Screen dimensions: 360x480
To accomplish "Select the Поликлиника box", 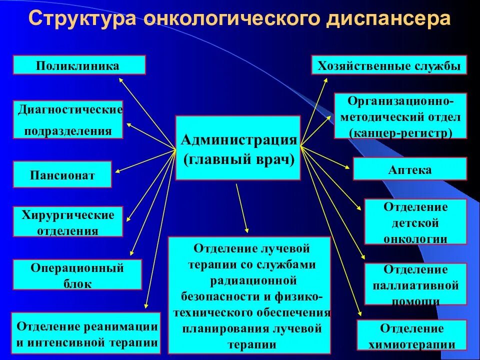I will coord(79,65).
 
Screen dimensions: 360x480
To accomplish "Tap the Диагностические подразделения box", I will coord(68,120).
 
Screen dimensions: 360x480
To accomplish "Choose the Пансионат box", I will coord(62,174).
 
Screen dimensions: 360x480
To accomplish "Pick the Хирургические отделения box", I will coord(67,221).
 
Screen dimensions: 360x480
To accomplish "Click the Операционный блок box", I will coord(77,274).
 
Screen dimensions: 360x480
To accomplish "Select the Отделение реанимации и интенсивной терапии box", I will coord(86,333).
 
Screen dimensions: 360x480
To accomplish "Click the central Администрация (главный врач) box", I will coord(237,148).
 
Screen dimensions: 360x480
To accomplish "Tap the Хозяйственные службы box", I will coord(389,65).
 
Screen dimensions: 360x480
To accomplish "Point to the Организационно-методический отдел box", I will coord(400,116).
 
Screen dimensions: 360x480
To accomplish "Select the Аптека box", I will coord(409,169).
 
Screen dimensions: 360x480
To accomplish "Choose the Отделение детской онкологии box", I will coord(415,221).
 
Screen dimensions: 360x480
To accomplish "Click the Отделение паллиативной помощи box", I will coord(415,284).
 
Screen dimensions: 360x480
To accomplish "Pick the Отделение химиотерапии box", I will coord(412,335).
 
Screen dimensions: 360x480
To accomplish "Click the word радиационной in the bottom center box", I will coord(249,280).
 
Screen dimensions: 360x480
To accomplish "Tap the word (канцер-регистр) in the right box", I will coord(401,132).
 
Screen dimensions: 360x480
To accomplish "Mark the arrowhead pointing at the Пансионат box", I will coord(117,171).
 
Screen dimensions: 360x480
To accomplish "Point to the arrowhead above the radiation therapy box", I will coord(247,229).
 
